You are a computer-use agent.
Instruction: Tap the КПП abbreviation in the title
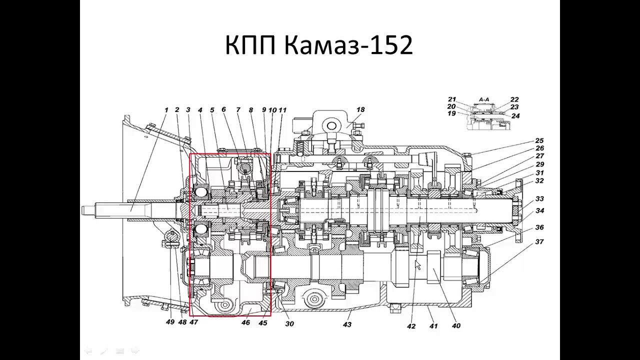tap(250, 45)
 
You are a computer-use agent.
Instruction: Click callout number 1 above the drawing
tap(166, 110)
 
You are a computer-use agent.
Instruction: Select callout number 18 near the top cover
tap(360, 109)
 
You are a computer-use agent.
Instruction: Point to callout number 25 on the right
tap(539, 140)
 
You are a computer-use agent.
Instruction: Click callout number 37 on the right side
tap(539, 241)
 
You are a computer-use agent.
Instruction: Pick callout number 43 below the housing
tap(347, 324)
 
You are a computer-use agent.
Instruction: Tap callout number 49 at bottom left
tap(170, 322)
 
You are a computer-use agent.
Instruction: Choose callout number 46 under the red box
tap(245, 322)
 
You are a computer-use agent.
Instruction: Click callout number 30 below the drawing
tap(289, 323)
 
